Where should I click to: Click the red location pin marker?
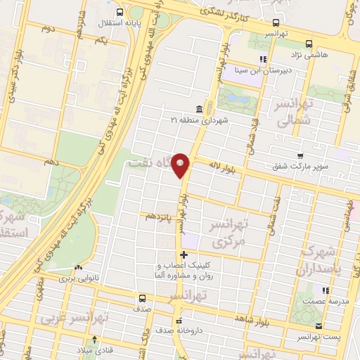click(x=181, y=165)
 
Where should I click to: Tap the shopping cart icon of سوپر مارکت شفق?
click(x=301, y=156)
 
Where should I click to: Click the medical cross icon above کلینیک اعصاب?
click(x=184, y=254)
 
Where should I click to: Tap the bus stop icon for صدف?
click(x=141, y=298)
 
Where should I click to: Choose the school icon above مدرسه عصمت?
click(x=325, y=290)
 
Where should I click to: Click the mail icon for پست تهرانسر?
click(x=319, y=326)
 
